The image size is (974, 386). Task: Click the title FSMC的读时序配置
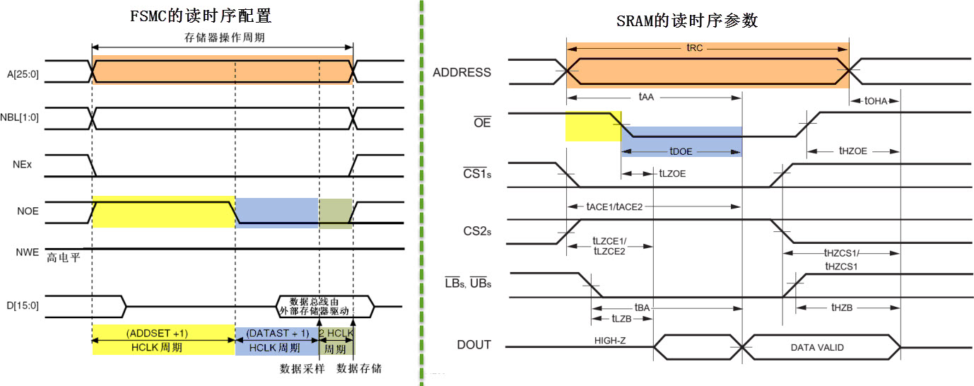pyautogui.click(x=201, y=15)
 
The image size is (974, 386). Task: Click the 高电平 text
pyautogui.click(x=64, y=258)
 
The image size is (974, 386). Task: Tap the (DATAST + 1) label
pyautogui.click(x=276, y=333)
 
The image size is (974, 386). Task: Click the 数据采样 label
pyautogui.click(x=303, y=368)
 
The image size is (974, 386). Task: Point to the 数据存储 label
pyautogui.click(x=359, y=368)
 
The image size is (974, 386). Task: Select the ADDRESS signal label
pyautogui.click(x=462, y=72)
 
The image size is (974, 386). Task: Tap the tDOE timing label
pyautogui.click(x=681, y=151)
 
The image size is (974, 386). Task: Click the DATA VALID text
pyautogui.click(x=818, y=347)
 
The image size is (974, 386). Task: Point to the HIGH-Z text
pyautogui.click(x=611, y=340)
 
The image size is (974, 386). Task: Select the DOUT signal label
pyautogui.click(x=474, y=345)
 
